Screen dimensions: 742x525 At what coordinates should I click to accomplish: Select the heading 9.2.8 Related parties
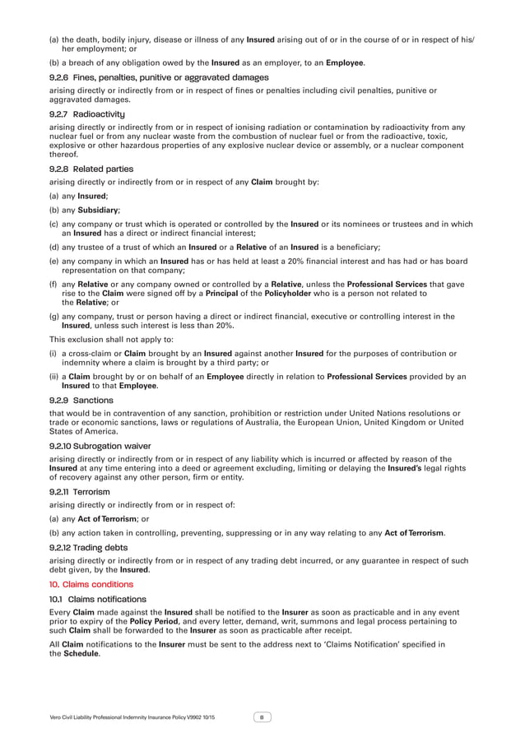coord(86,168)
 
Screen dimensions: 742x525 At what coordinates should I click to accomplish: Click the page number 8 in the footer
coord(262,717)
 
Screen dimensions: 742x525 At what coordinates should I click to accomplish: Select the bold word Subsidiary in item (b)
coord(99,210)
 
